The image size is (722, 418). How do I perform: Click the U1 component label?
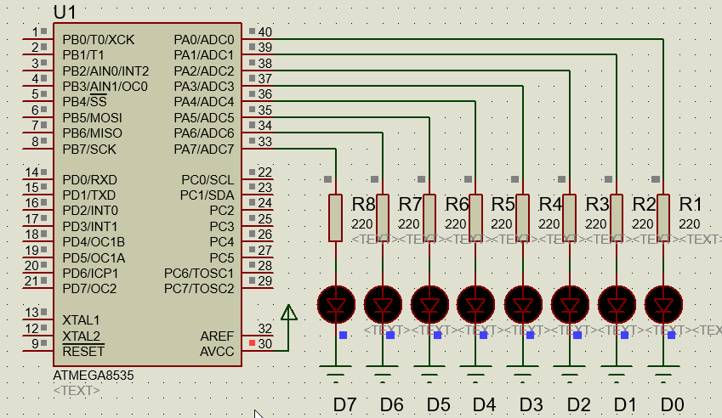tap(66, 12)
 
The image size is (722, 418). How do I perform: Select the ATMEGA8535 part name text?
tap(93, 375)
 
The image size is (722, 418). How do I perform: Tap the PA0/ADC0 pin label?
tap(203, 40)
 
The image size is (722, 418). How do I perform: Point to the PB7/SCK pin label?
tap(89, 150)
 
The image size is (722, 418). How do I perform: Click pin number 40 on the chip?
tap(264, 32)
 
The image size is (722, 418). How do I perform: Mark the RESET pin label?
tap(83, 351)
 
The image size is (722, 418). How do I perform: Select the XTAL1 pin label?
tap(81, 319)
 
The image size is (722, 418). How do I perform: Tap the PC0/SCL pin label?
tap(208, 180)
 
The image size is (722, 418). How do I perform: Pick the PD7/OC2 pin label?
tap(89, 289)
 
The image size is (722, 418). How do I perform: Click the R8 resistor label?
tap(363, 205)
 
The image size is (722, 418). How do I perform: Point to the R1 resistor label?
tap(690, 205)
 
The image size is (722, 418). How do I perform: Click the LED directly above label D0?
tap(663, 303)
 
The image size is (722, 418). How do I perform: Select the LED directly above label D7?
tap(336, 303)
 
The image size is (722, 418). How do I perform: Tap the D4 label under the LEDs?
tap(484, 404)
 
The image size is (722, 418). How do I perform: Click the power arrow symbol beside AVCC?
tap(289, 313)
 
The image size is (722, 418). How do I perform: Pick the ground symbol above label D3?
tap(523, 370)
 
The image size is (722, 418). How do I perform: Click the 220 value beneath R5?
tap(503, 224)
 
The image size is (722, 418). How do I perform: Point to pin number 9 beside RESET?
tap(35, 343)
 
